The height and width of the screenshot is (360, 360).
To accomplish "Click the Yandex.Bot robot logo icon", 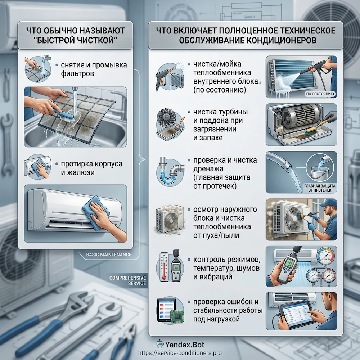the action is coord(159,345).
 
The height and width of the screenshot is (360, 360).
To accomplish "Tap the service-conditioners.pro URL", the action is coord(180,353).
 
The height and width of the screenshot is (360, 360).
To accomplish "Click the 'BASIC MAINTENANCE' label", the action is coord(109,255).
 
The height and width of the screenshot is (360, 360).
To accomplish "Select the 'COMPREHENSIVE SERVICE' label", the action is coord(128,280).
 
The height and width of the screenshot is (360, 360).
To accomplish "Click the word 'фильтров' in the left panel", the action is coord(77,74).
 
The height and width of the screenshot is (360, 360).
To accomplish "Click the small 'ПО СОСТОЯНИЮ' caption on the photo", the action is coord(320,94).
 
